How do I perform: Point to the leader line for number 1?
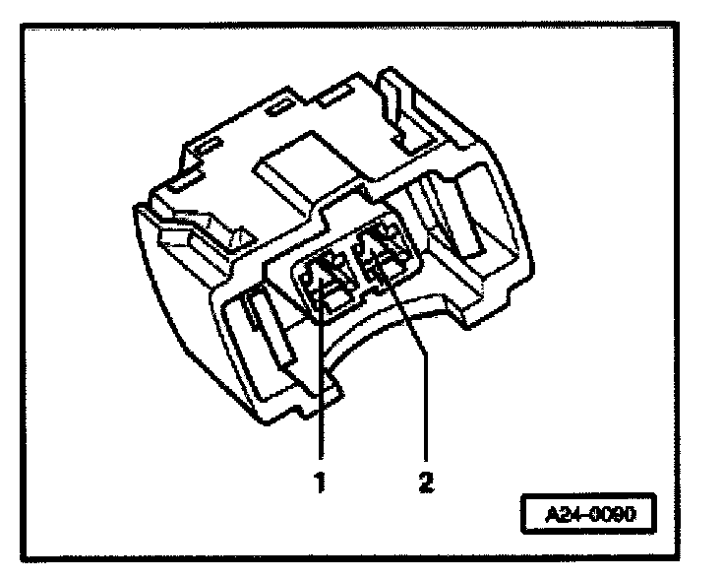coord(323,394)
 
